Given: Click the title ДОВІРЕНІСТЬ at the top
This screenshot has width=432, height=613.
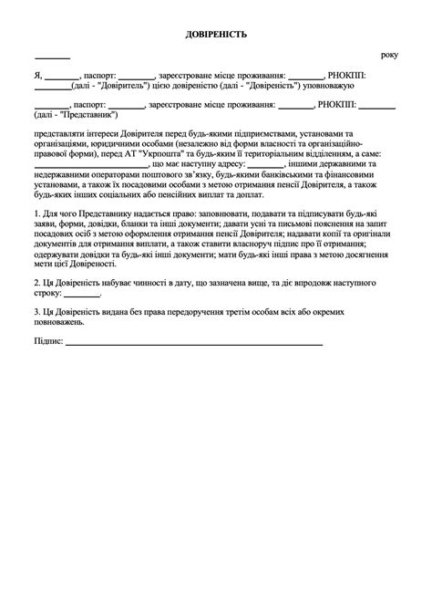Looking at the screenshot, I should coord(216,35).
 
